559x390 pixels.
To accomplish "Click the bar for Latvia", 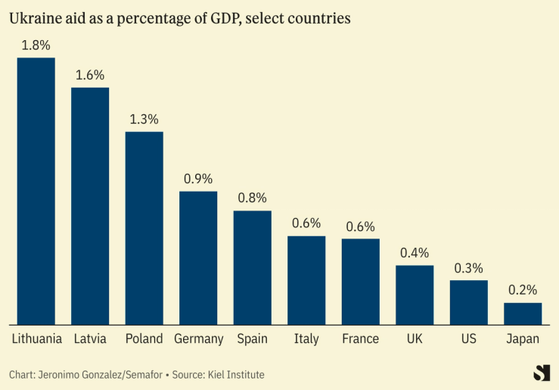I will click(90, 206).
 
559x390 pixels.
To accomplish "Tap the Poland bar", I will click(144, 228).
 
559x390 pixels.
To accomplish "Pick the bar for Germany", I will click(198, 257).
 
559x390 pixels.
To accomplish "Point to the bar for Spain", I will click(252, 267).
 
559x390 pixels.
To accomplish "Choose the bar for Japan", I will click(523, 314).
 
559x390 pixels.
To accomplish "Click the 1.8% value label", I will click(36, 45).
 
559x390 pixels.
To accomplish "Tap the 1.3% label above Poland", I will click(144, 119).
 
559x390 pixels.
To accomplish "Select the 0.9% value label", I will click(198, 179).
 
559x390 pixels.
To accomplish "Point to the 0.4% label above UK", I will click(415, 253).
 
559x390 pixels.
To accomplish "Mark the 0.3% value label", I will click(468, 268).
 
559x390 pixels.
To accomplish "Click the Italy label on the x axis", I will click(306, 339).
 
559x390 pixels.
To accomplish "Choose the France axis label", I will click(360, 339).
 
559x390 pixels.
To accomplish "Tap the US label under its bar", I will click(468, 339).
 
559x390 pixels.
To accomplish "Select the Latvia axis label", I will click(90, 339).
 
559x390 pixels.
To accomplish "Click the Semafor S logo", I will click(542, 373).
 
